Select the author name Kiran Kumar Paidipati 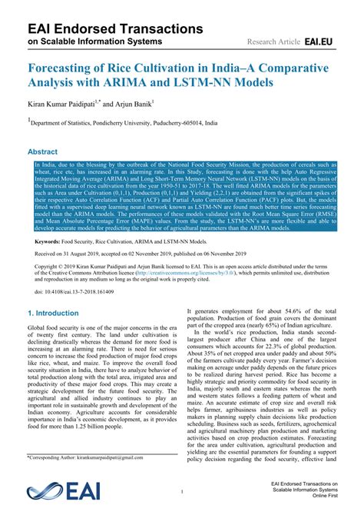pos(70,102)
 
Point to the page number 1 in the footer pos(182,490)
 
